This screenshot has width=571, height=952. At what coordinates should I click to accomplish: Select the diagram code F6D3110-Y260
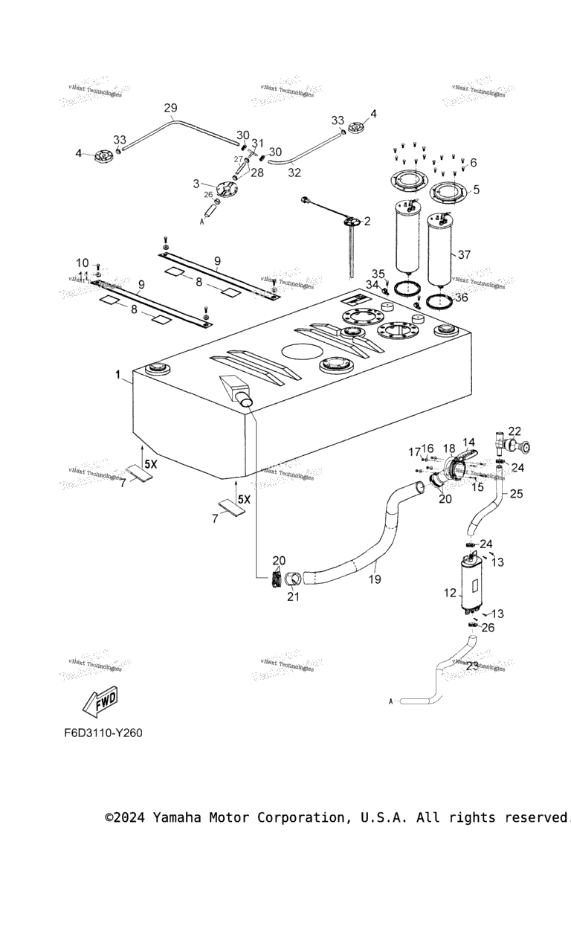tap(103, 733)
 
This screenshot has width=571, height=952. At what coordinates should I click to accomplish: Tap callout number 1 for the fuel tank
tap(117, 376)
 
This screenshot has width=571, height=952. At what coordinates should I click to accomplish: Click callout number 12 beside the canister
tap(449, 594)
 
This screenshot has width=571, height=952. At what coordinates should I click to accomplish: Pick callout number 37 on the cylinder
tap(464, 254)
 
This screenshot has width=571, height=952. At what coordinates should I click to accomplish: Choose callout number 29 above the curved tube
tap(170, 108)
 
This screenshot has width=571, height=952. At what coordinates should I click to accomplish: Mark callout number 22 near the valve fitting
tap(514, 431)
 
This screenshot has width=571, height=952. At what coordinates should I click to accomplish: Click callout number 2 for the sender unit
tap(367, 221)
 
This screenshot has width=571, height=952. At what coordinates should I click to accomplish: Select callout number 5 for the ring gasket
tap(475, 189)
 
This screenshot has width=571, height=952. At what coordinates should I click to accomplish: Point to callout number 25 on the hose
tap(516, 493)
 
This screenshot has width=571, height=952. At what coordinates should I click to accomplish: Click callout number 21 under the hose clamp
tap(294, 596)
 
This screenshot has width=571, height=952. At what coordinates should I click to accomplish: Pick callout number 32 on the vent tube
tap(294, 172)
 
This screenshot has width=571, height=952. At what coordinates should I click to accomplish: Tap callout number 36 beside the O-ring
tap(462, 297)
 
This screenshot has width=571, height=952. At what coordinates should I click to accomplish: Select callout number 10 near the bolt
tap(83, 263)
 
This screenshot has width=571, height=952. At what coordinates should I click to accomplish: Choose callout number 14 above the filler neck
tap(468, 443)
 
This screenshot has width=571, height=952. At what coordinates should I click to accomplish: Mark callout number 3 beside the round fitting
tap(196, 183)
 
